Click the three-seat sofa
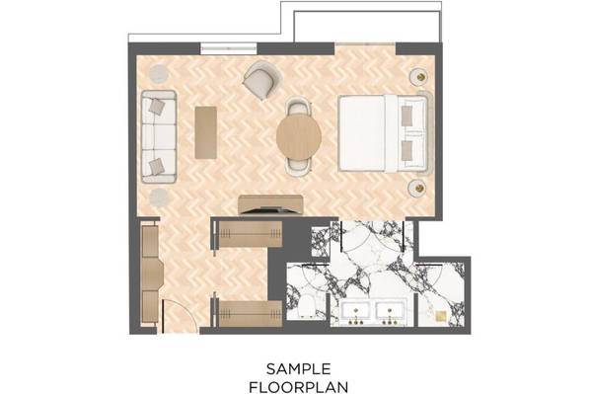(x=159, y=136)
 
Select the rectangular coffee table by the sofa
(x=206, y=132)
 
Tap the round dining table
(x=299, y=136)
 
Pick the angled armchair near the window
(x=262, y=80)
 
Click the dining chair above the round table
(x=299, y=107)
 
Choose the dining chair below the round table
(x=299, y=166)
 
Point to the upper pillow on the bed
(x=406, y=116)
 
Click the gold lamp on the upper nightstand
(x=421, y=77)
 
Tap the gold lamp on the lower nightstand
(x=419, y=188)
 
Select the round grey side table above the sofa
(x=158, y=74)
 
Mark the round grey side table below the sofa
(x=159, y=198)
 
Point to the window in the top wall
(x=229, y=48)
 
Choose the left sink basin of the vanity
(x=356, y=312)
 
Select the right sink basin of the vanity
(x=390, y=312)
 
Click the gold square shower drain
(x=440, y=316)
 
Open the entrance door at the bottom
(x=180, y=316)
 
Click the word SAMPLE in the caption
(x=299, y=368)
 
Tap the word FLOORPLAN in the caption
(x=299, y=387)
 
